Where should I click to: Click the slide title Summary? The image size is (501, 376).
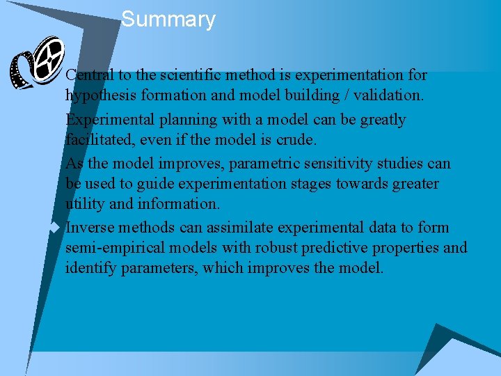[168, 19]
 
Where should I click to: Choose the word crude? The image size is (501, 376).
[296, 139]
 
